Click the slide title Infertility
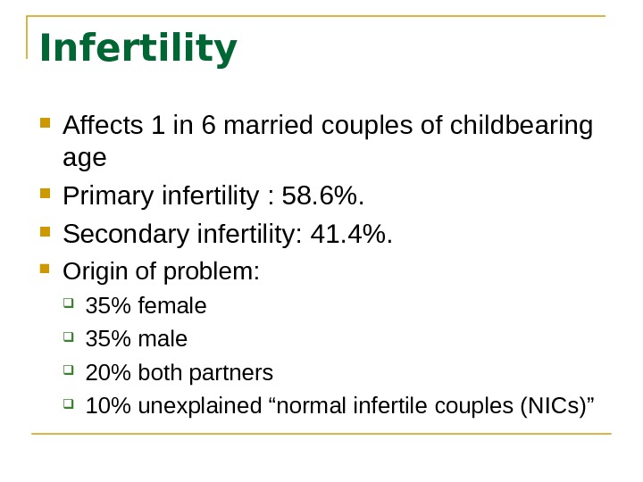click(138, 49)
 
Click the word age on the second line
click(85, 158)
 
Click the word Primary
click(107, 195)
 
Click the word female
click(174, 306)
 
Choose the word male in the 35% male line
click(165, 339)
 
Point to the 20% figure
click(104, 372)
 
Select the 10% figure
click(104, 406)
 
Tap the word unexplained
click(180, 406)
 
